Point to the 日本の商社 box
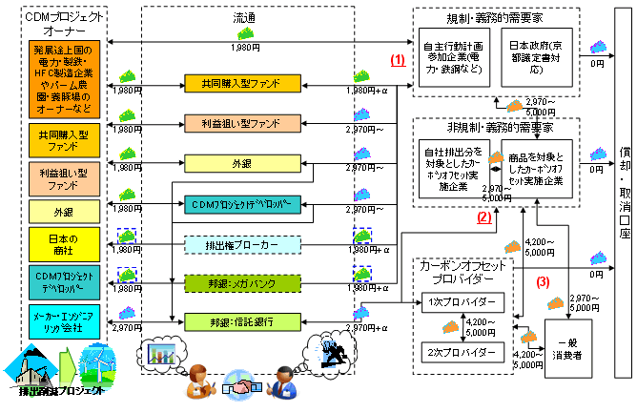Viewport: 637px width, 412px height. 63,242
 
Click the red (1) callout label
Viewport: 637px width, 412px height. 398,59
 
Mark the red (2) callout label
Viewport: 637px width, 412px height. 484,218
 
